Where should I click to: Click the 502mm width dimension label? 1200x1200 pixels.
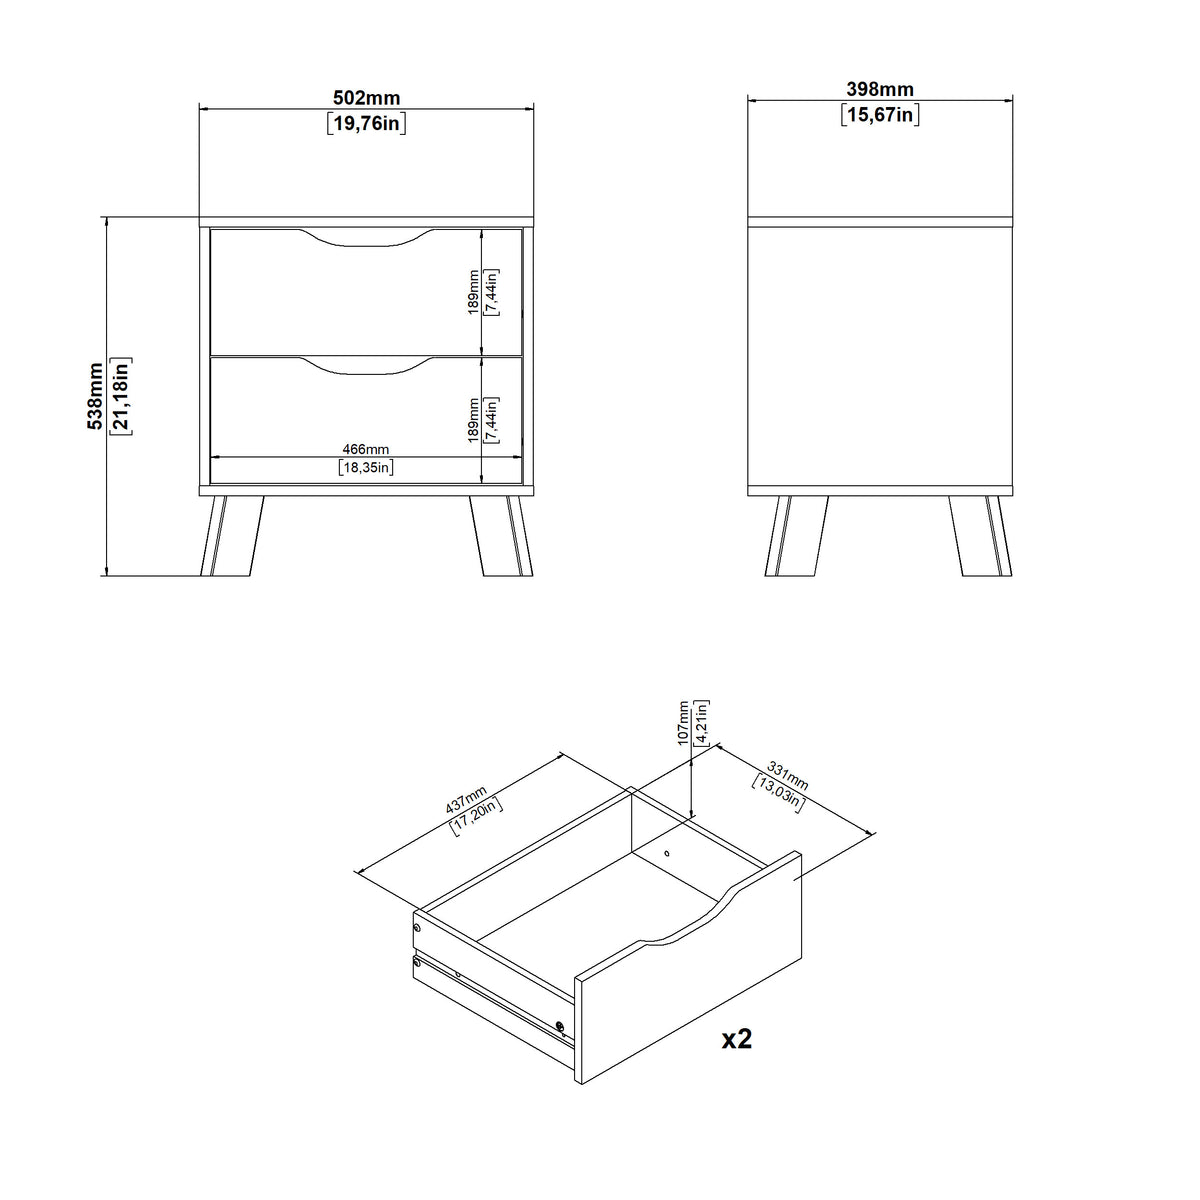(366, 98)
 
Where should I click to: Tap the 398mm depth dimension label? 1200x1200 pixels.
(880, 89)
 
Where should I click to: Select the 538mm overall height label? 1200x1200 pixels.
(95, 396)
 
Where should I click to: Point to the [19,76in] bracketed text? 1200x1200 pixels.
(367, 123)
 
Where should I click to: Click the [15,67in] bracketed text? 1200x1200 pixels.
(880, 115)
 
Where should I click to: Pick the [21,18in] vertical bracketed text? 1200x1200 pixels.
(120, 396)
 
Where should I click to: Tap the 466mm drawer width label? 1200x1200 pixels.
(366, 449)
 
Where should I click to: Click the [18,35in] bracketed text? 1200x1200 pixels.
(366, 467)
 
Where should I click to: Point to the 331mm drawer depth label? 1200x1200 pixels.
(788, 775)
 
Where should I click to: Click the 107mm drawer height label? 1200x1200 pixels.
(683, 722)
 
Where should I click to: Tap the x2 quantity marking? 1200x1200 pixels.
(737, 1039)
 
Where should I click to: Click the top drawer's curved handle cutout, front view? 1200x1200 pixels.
(366, 239)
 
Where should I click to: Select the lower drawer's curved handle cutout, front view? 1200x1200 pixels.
(366, 366)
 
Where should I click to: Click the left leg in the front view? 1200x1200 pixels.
(232, 536)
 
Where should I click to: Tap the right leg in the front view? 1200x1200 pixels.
(501, 536)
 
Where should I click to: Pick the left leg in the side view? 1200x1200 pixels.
(797, 536)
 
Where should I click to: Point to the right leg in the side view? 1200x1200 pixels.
(981, 536)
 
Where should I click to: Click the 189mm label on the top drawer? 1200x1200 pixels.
(473, 292)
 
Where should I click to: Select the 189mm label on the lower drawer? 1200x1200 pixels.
(473, 420)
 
